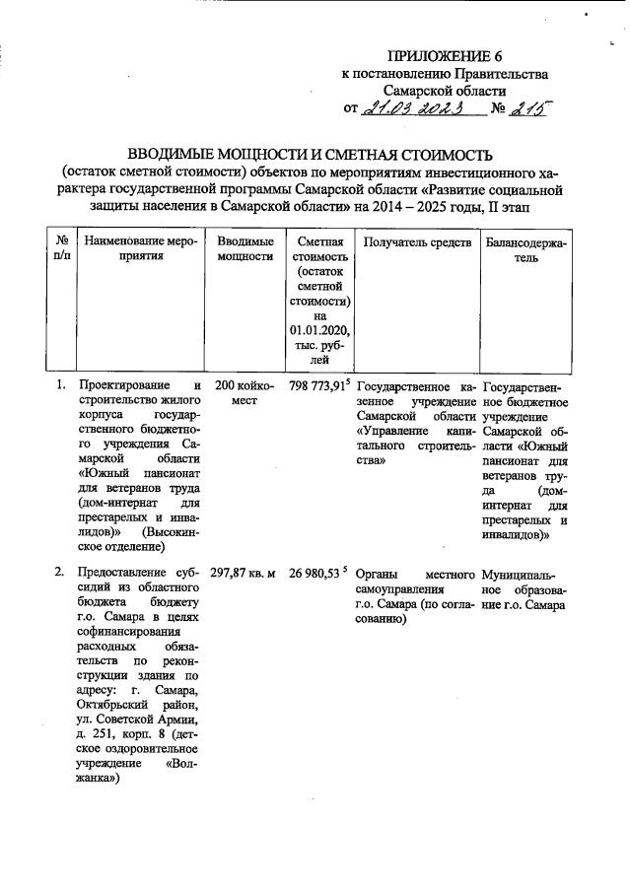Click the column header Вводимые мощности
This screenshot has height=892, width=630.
click(x=245, y=248)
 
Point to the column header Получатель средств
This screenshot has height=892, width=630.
click(x=417, y=241)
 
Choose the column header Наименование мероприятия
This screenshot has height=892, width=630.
click(x=141, y=248)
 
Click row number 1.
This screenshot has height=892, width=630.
click(x=59, y=385)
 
